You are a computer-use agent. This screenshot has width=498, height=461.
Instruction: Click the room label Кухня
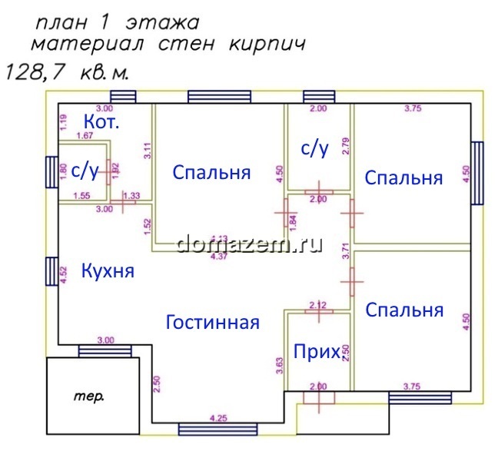108,270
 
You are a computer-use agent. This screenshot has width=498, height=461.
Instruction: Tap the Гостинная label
213,322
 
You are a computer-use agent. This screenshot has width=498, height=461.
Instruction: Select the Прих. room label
317,352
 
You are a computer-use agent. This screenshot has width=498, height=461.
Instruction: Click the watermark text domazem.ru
249,244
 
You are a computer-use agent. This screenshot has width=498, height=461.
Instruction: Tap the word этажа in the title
167,17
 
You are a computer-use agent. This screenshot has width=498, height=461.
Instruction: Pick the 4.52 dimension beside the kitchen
65,275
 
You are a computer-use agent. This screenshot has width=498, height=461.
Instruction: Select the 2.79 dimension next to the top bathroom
346,146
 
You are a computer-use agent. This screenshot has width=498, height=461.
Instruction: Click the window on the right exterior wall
477,173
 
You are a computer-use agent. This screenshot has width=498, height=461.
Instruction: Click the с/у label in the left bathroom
85,171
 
